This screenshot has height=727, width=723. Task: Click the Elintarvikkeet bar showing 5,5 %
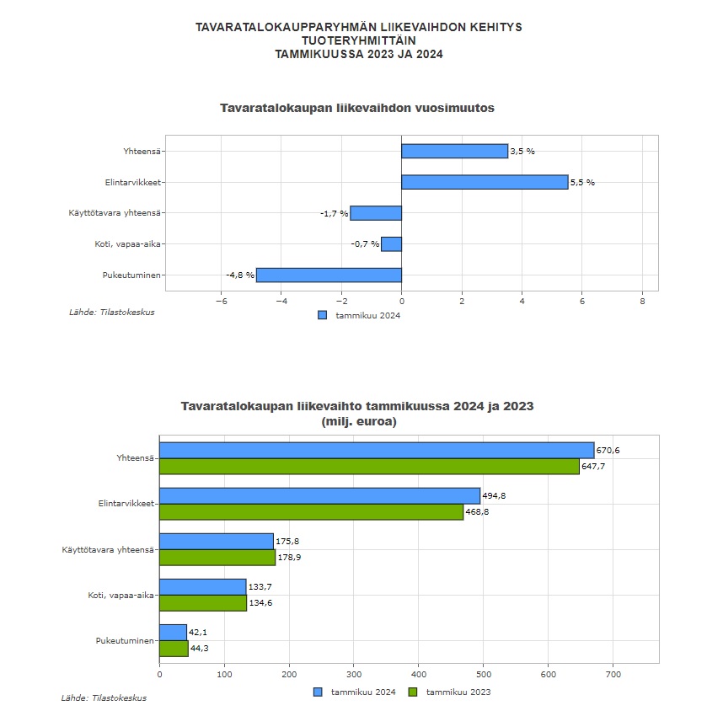click(485, 182)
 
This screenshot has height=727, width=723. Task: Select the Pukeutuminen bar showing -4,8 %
click(329, 275)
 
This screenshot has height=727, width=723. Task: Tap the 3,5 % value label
click(522, 152)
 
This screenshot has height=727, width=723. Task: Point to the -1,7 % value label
click(334, 213)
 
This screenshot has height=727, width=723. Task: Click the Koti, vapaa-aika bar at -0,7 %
click(391, 244)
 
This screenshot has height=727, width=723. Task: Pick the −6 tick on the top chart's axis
click(221, 301)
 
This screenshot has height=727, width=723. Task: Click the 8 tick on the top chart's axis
click(642, 301)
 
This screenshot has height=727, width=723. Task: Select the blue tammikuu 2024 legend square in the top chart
click(322, 315)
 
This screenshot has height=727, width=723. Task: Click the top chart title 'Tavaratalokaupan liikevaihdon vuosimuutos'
click(356, 109)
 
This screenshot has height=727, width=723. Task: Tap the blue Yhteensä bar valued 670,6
click(377, 450)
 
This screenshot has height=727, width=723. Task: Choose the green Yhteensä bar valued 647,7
click(369, 466)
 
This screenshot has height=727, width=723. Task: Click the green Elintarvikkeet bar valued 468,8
click(311, 511)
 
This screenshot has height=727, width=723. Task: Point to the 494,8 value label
click(494, 496)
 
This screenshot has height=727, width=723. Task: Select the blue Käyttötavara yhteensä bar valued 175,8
click(217, 541)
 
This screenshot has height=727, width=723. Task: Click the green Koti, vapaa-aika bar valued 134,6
click(203, 602)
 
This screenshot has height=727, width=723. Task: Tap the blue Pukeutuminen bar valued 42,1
click(173, 632)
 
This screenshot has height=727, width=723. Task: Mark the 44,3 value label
click(200, 649)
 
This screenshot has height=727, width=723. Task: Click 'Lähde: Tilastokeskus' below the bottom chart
click(104, 698)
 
